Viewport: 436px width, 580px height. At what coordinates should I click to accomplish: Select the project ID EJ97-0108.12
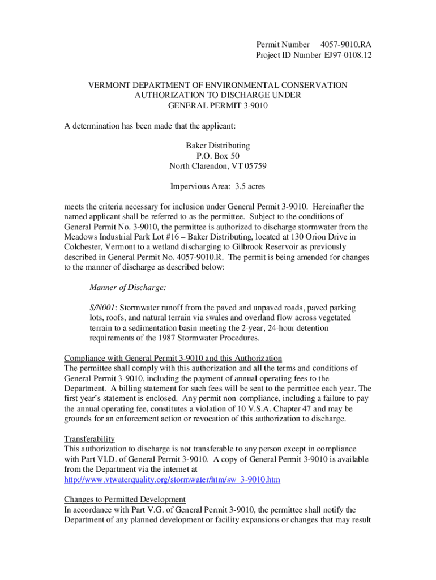pyautogui.click(x=348, y=55)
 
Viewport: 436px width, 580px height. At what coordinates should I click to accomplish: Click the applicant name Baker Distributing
pyautogui.click(x=218, y=146)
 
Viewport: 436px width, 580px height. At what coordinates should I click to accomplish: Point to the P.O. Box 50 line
pyautogui.click(x=218, y=156)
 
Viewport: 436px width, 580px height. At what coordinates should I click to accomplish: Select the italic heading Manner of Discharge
pyautogui.click(x=128, y=288)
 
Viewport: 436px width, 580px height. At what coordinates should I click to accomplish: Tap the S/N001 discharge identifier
pyautogui.click(x=102, y=308)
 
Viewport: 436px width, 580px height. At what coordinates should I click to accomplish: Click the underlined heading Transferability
pyautogui.click(x=89, y=439)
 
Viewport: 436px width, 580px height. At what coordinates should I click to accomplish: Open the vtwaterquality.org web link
pyautogui.click(x=172, y=480)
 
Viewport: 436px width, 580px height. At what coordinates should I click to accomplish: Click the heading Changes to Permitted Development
pyautogui.click(x=125, y=500)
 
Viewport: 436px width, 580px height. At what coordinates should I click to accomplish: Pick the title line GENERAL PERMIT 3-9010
pyautogui.click(x=218, y=105)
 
